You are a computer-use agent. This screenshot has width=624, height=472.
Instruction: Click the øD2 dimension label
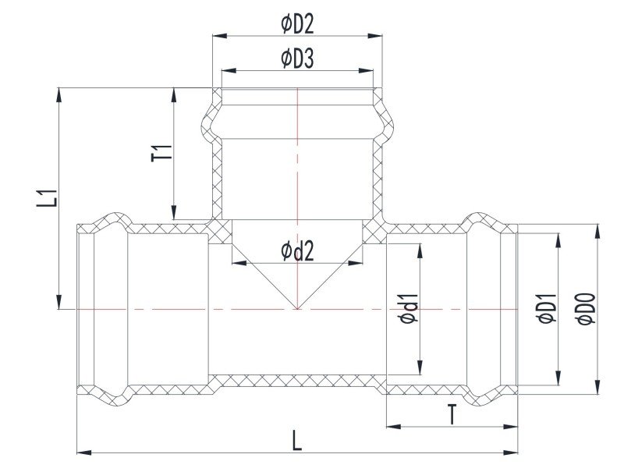pos(297,24)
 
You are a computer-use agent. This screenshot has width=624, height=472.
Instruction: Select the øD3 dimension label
pos(297,59)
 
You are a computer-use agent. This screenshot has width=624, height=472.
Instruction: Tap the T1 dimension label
pos(162,153)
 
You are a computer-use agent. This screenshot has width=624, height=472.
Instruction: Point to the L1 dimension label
pos(48,198)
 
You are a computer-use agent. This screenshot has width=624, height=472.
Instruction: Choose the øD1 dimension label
pos(547,308)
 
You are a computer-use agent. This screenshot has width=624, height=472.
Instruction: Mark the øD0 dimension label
pos(586,309)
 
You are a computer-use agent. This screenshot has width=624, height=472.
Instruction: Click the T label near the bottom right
pos(452,414)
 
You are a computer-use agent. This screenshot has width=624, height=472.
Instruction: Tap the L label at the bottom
pos(297,440)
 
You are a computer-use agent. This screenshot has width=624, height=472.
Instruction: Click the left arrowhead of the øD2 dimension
pos(220,36)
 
